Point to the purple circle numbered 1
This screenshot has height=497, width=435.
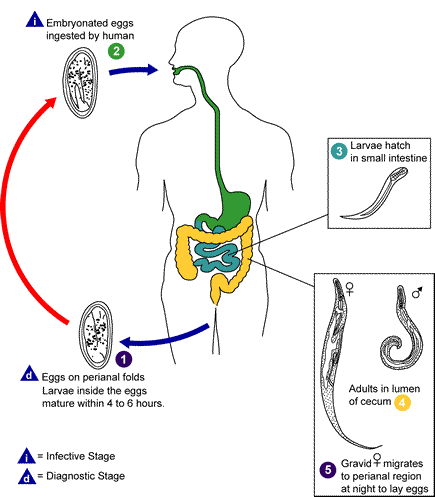pos(123,357)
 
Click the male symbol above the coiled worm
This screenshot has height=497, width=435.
pos(415,294)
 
